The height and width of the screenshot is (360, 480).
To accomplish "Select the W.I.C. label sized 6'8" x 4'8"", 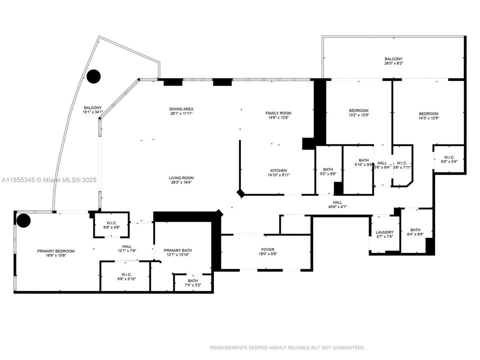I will point(111,225).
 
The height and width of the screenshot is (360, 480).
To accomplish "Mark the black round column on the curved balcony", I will point(93,76).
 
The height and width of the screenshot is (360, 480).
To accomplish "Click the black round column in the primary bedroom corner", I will point(23,220).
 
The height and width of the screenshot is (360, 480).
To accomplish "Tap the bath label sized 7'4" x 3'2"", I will point(192,282).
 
